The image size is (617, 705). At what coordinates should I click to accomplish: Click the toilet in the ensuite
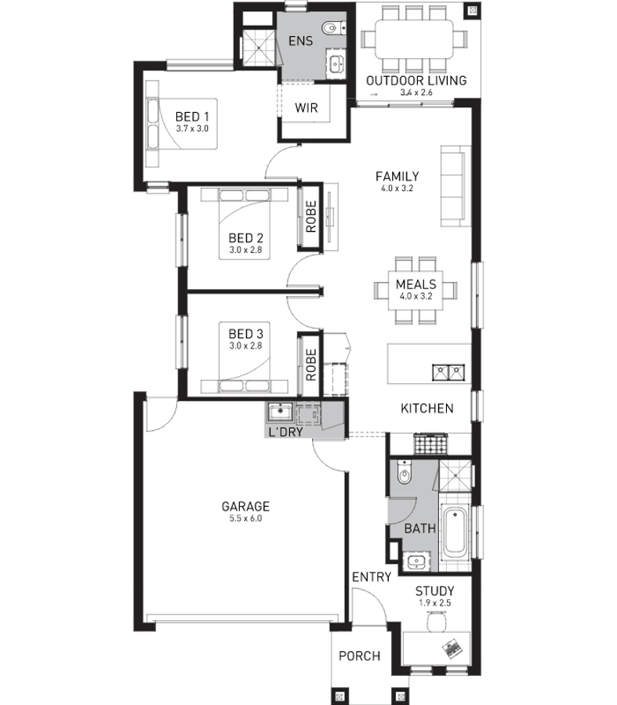333,28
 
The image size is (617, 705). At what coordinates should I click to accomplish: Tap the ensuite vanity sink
336,63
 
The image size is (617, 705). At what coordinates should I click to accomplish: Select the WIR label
306,108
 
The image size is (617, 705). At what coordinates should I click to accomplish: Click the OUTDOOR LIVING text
416,81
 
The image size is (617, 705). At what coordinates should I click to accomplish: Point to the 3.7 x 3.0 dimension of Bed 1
192,128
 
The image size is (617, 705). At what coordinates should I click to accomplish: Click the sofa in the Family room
452,186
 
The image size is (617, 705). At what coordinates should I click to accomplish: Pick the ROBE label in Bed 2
311,216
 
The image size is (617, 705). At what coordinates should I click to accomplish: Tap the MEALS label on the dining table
416,284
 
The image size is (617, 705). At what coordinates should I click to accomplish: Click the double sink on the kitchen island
448,372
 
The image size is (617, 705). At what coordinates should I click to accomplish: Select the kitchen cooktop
430,444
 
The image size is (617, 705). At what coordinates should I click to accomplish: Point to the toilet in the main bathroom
404,472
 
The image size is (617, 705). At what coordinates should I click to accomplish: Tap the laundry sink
280,412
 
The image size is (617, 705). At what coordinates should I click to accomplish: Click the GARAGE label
245,506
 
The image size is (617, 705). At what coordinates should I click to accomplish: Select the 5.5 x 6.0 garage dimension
245,519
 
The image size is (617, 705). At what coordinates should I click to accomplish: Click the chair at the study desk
437,623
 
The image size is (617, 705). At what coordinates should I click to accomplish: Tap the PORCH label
359,656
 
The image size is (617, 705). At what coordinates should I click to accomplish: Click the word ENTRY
372,577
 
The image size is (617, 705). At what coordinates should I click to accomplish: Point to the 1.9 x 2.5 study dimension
435,603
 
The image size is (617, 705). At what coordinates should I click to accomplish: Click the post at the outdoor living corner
472,10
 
